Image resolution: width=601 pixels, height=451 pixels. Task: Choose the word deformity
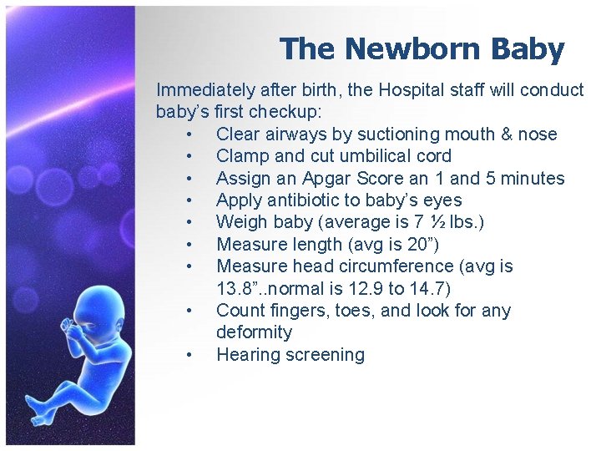(254, 332)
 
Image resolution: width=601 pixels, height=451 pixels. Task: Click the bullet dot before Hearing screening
(191, 356)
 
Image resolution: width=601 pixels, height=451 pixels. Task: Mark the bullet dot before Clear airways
(191, 135)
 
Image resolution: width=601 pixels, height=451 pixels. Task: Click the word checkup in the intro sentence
(289, 113)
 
